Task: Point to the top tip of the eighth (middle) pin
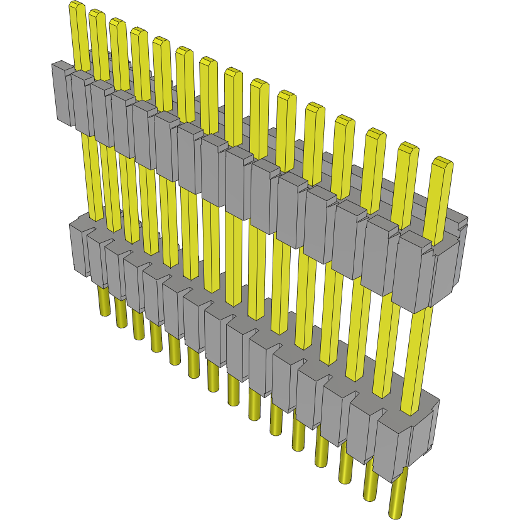[233, 73]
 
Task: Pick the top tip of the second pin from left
[97, 14]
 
